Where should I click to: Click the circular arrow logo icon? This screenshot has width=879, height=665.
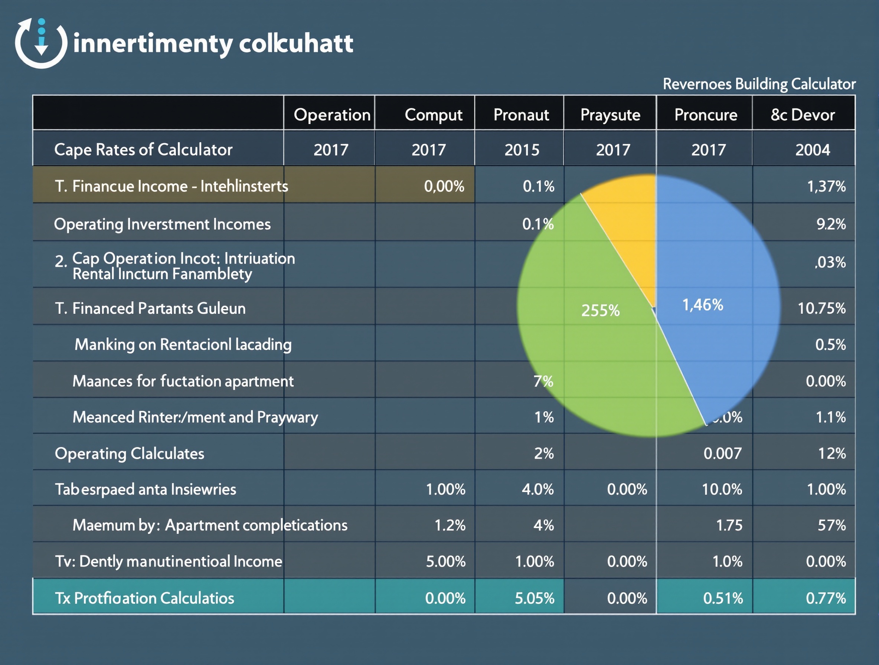coord(41,43)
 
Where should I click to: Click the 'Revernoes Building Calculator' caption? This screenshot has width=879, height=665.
coord(759,84)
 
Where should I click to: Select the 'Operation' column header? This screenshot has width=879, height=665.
coord(332,115)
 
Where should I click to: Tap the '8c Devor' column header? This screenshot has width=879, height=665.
coord(802,115)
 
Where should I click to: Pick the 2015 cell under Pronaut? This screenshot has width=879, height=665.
coord(522,150)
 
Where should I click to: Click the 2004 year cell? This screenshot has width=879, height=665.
coord(812,150)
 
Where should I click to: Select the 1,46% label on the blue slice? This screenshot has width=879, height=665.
coord(703,305)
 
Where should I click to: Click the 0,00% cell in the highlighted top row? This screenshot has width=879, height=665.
coord(444,186)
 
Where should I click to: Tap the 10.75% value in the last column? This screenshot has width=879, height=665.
coord(821,308)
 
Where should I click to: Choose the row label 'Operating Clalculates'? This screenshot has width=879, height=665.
coord(130,453)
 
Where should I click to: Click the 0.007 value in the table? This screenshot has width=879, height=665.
coord(722,453)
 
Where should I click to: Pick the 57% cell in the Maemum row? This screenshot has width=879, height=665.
coord(831,525)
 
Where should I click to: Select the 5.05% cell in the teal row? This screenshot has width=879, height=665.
coord(534,598)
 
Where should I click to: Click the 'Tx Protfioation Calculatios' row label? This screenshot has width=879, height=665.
coord(145,598)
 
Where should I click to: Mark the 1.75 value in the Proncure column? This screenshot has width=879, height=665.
coord(729,525)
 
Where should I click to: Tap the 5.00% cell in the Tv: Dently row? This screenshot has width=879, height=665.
coord(445,561)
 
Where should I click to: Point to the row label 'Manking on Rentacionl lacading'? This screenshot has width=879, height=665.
coord(183,344)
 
